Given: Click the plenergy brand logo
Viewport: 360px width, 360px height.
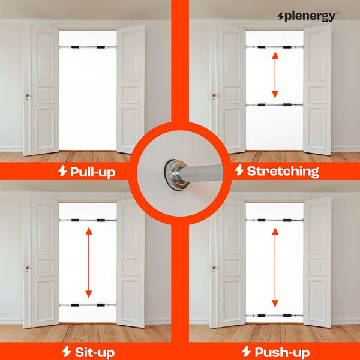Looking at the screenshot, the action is click(x=308, y=17).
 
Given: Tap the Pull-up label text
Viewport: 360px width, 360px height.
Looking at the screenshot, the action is click(x=93, y=172).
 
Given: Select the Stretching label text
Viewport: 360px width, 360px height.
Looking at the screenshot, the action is click(x=283, y=171).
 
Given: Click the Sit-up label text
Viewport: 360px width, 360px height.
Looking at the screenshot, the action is click(x=95, y=352).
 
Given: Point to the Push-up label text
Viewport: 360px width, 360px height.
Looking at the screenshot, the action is click(x=282, y=352).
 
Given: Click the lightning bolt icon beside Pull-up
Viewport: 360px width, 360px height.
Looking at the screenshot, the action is click(x=62, y=171).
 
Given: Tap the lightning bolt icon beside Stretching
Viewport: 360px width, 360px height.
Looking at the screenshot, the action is click(x=239, y=170).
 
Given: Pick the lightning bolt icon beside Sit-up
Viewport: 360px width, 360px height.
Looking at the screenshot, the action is click(x=67, y=351).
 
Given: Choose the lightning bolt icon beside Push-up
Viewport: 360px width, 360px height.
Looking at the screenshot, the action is click(x=246, y=351).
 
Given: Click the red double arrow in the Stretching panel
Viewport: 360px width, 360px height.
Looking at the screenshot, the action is click(x=275, y=75).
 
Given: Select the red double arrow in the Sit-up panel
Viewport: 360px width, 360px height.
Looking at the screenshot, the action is click(x=89, y=262).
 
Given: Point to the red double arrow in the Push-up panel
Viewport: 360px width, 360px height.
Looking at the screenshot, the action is click(x=275, y=267).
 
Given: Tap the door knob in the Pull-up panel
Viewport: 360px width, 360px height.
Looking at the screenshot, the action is click(x=28, y=95).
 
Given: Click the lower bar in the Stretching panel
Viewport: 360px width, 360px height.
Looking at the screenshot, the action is click(x=274, y=105).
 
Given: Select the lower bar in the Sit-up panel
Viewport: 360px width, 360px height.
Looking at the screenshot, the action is click(x=88, y=305).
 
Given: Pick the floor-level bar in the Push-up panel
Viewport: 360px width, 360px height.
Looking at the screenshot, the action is click(x=274, y=316).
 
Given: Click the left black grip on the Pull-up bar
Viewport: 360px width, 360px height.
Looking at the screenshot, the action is click(x=75, y=47).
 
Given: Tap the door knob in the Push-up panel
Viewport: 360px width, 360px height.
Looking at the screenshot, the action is click(x=214, y=268).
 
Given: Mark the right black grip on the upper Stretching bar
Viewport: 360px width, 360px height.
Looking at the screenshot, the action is click(x=287, y=47).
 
